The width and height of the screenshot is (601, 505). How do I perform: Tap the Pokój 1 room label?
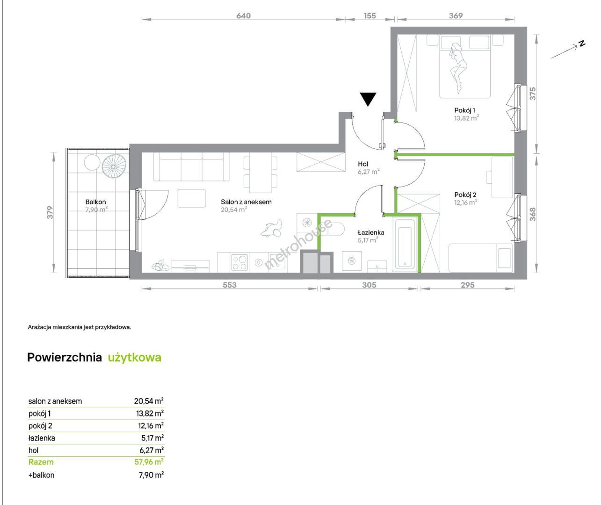[x=464, y=110]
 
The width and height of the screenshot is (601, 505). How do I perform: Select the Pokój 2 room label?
[x=465, y=195]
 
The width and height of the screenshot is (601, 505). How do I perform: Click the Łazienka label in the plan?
[x=371, y=232]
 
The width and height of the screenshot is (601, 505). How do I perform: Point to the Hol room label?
[x=363, y=164]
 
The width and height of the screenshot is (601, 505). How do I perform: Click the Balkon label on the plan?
[x=95, y=202]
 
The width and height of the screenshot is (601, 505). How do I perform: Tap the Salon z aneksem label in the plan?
[x=246, y=202]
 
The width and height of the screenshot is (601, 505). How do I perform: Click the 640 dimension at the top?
[x=244, y=15]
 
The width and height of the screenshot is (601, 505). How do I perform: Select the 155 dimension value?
[x=369, y=15]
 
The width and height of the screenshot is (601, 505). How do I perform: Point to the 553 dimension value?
[x=229, y=285]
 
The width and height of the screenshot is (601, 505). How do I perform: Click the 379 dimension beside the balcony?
[x=50, y=212]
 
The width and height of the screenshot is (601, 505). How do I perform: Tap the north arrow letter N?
[x=582, y=44]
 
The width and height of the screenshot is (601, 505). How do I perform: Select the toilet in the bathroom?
[x=336, y=229]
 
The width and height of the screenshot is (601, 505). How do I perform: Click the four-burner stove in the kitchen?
[x=239, y=262]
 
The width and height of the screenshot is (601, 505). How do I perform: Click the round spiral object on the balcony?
[x=114, y=166]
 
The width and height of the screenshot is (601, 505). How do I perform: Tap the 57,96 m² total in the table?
[x=149, y=462]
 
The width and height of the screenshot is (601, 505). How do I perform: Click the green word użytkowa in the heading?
[x=134, y=358]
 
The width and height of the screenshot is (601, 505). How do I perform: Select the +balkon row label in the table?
[x=42, y=475]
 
